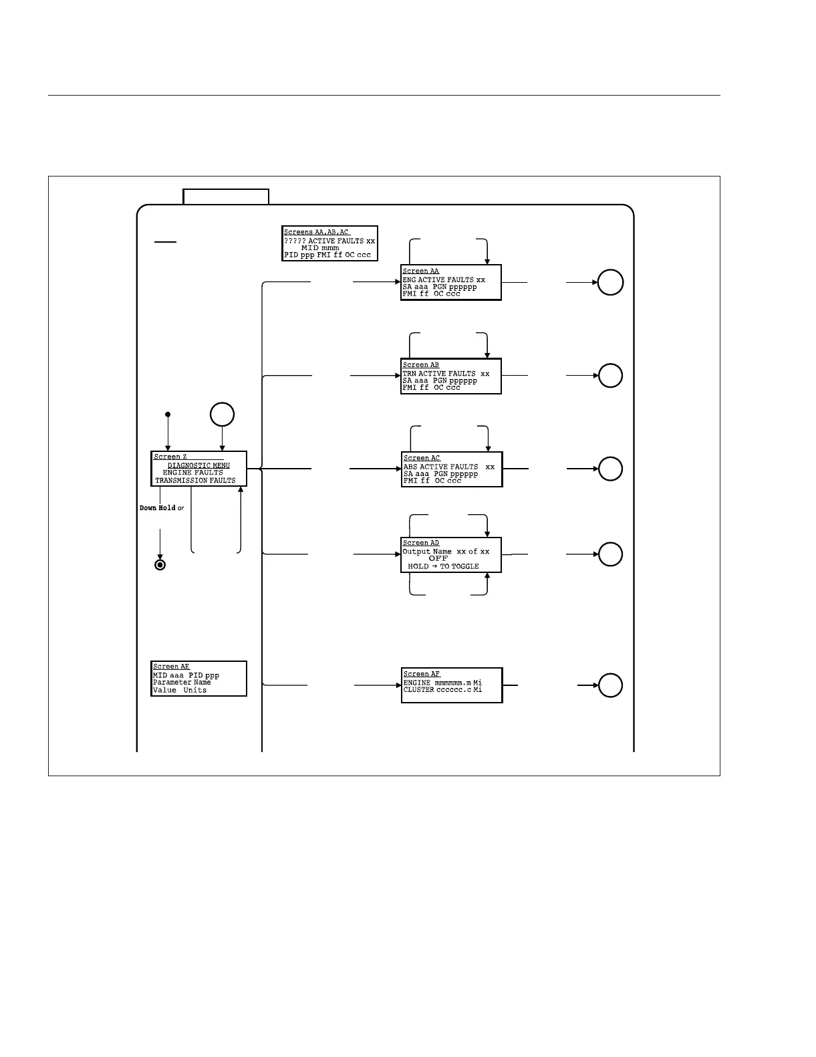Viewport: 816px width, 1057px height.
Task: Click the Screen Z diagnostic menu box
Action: coord(199,469)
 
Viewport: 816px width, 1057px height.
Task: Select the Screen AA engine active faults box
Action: coord(451,283)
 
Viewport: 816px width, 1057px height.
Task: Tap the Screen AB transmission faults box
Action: coord(451,376)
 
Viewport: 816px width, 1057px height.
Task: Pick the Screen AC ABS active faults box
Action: coord(452,469)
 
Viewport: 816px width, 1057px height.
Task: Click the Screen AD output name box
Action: coord(451,555)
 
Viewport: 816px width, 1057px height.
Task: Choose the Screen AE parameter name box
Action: coord(199,679)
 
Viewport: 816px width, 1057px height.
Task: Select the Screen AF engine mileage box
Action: coord(452,685)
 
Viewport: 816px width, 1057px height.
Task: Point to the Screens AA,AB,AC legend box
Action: coord(330,243)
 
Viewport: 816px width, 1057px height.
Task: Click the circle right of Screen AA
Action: coord(610,282)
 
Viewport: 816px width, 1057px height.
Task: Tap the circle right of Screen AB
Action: coord(610,376)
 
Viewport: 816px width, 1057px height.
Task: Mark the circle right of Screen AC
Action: coord(610,469)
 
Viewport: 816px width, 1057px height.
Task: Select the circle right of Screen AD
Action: coord(610,554)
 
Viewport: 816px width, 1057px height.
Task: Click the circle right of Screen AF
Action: coord(610,685)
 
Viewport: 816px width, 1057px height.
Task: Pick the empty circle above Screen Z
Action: coord(222,415)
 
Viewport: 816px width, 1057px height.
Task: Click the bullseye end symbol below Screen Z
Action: coord(160,565)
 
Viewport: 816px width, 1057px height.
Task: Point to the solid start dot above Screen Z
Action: coord(168,415)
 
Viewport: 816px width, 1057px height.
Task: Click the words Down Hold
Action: coord(158,508)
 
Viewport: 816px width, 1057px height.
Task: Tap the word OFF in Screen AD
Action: coord(438,558)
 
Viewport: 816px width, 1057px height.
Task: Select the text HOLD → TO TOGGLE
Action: coord(443,566)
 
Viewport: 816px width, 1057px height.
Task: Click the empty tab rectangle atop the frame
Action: coord(226,197)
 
